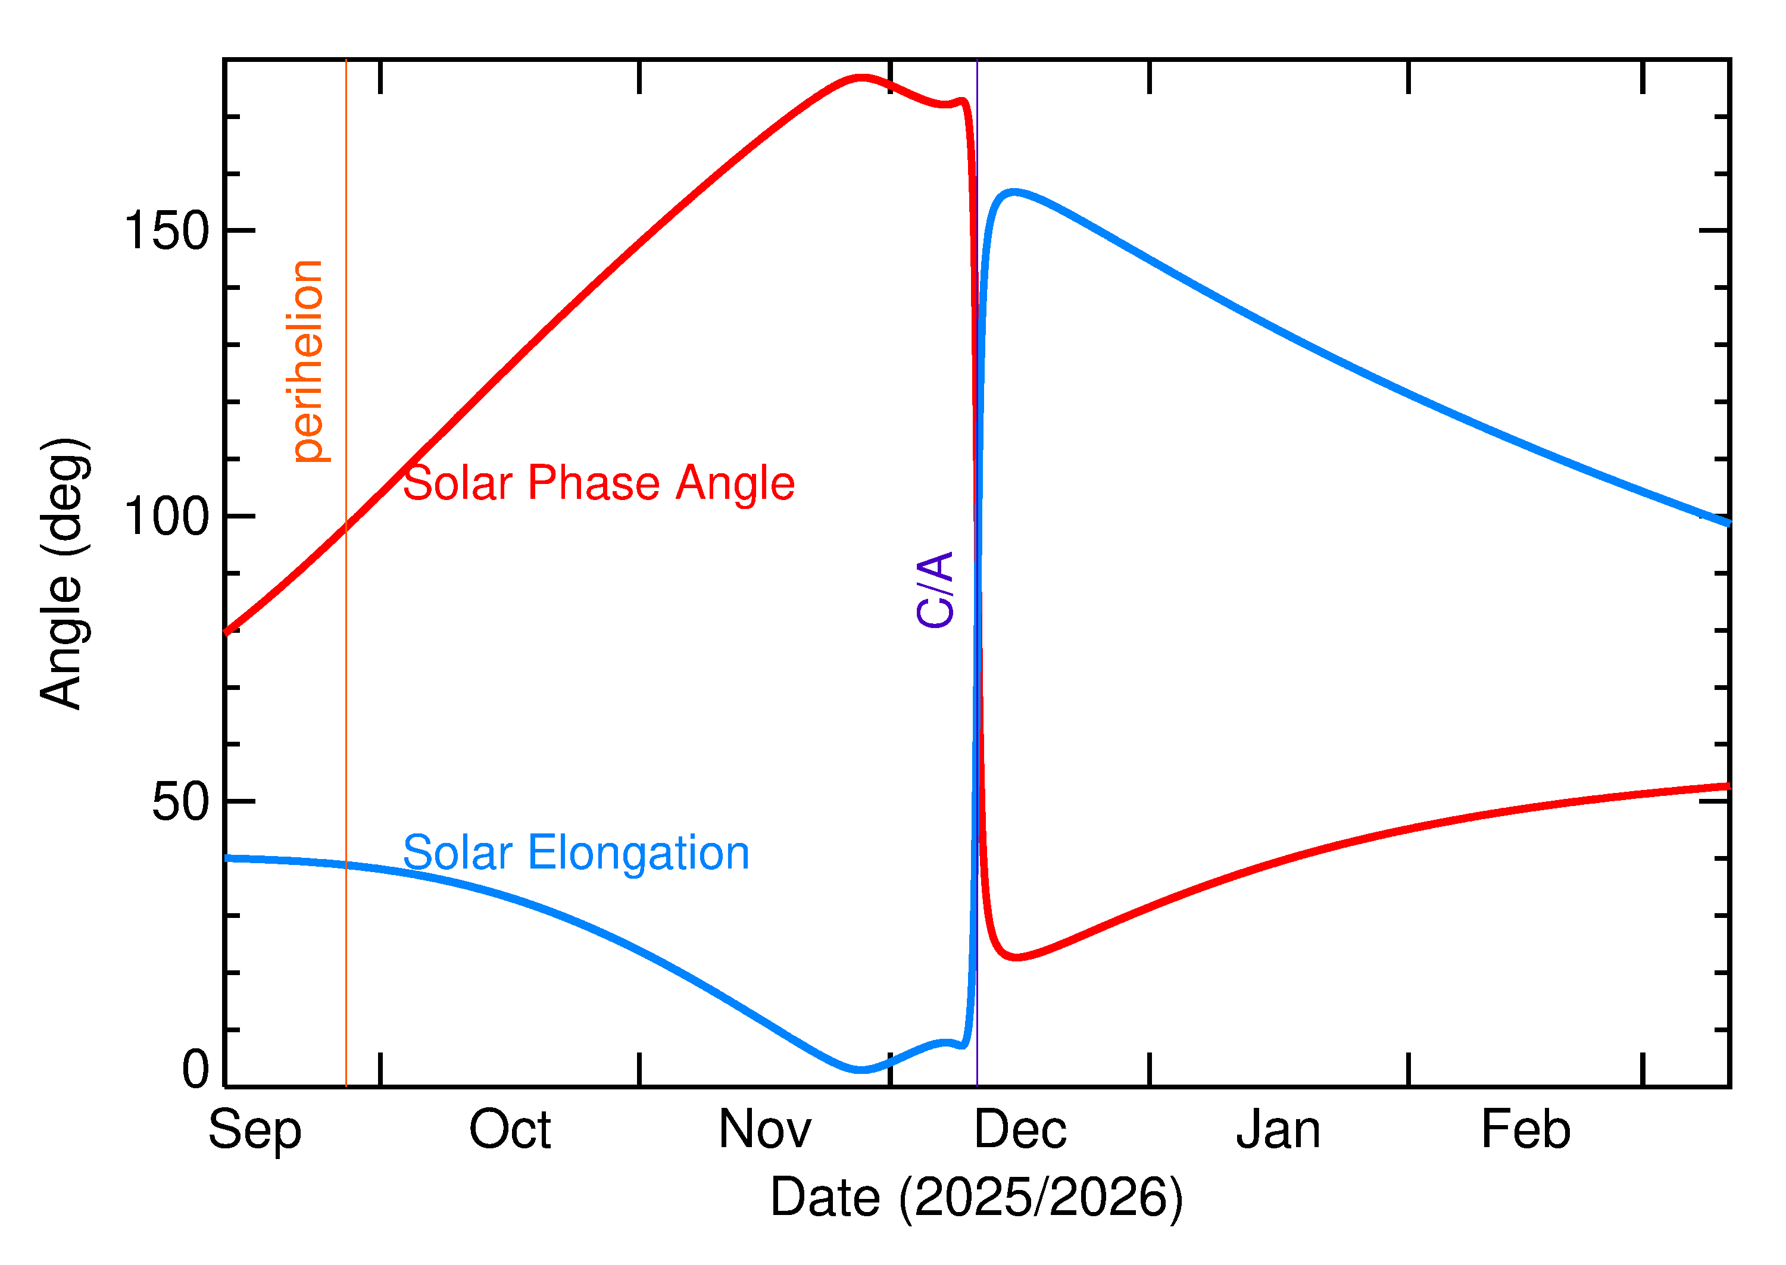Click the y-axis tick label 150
click(x=167, y=232)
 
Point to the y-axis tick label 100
click(x=167, y=517)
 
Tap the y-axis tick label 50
click(x=181, y=802)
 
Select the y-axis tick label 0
click(x=195, y=1070)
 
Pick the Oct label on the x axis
click(x=510, y=1130)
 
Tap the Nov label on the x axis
click(x=765, y=1130)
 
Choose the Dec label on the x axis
click(x=1020, y=1130)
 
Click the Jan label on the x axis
click(x=1278, y=1130)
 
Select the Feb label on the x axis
click(x=1526, y=1130)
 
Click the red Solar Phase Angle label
click(x=598, y=484)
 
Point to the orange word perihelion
click(x=308, y=361)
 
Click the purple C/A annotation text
click(x=935, y=590)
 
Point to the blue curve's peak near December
click(x=1013, y=192)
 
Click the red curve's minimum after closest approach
click(x=1016, y=957)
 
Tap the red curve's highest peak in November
click(x=861, y=78)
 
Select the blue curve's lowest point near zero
click(x=860, y=1070)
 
